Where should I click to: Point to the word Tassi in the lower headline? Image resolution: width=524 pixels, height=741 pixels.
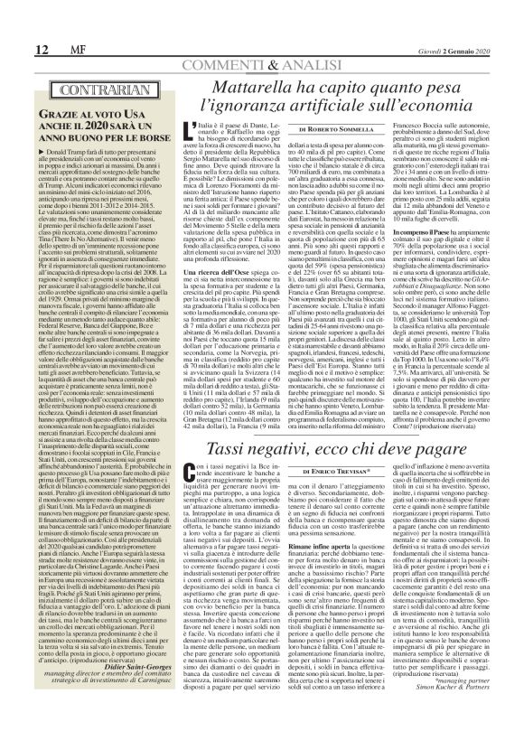click(x=245, y=476)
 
